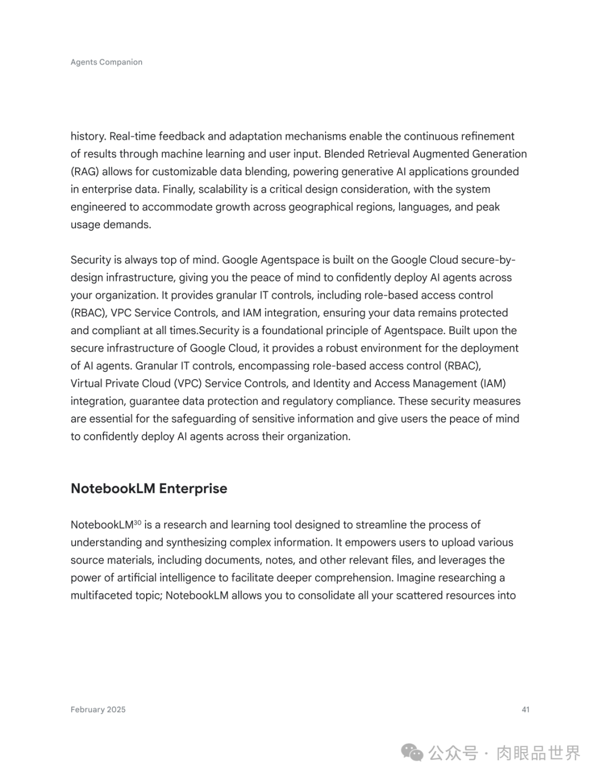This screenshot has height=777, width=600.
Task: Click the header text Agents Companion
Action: pos(106,62)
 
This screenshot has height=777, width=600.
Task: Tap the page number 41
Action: pos(526,709)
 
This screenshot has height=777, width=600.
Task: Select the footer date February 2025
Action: pos(98,709)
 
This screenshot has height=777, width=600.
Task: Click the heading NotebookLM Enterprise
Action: pos(149,489)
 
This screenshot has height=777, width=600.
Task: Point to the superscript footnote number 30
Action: pos(138,522)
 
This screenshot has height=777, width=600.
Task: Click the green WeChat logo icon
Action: pos(412,753)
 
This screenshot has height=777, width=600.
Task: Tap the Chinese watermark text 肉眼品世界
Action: pos(538,753)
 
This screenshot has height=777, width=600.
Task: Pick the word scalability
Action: pos(219,189)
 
